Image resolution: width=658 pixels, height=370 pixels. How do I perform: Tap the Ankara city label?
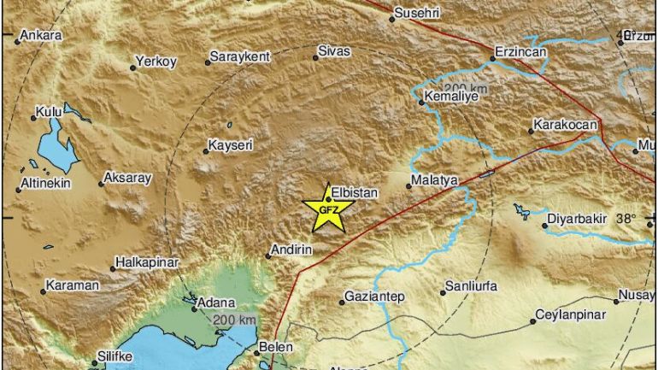coord(41,35)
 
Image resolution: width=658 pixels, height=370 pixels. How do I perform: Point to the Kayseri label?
coord(231,146)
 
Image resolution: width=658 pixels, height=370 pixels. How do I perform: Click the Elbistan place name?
coord(354,193)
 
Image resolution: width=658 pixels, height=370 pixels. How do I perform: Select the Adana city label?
coord(214,302)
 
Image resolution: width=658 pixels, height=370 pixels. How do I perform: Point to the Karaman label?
coord(72,285)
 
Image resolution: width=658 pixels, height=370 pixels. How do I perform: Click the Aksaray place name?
coord(126,178)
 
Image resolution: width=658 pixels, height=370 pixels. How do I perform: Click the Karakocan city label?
coord(564,125)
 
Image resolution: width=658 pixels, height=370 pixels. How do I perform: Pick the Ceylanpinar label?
coord(570,314)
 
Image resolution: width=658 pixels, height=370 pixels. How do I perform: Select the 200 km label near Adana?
coord(234,320)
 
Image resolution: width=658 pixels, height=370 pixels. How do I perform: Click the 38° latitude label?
coord(626,218)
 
